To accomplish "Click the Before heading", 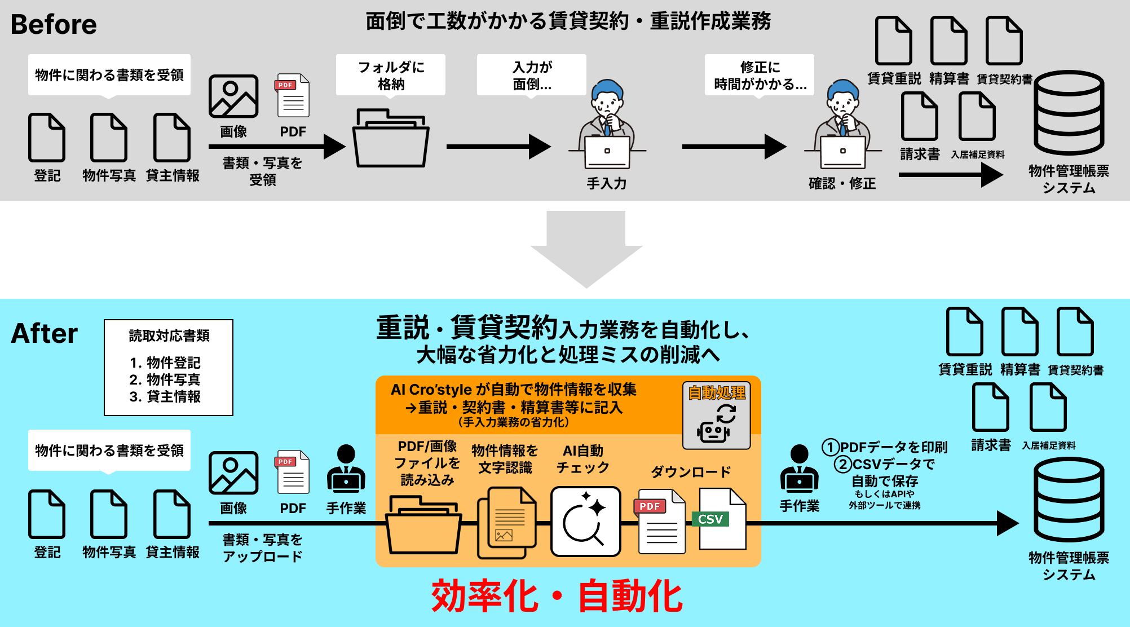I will pos(54,24).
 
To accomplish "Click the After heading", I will pos(45,333).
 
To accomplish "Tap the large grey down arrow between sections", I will pos(586,248).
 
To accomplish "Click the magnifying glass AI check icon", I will pos(585,522).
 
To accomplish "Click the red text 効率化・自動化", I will pos(557,596).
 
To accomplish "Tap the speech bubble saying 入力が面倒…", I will pos(531,75).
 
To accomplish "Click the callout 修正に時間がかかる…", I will pos(759,75).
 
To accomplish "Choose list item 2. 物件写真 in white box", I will pos(165,379).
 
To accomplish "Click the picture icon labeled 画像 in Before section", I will pos(233,96).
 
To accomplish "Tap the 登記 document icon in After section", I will pos(47,514).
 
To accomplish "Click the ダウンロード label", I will pos(691,471).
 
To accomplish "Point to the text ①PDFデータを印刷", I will pos(885,447).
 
